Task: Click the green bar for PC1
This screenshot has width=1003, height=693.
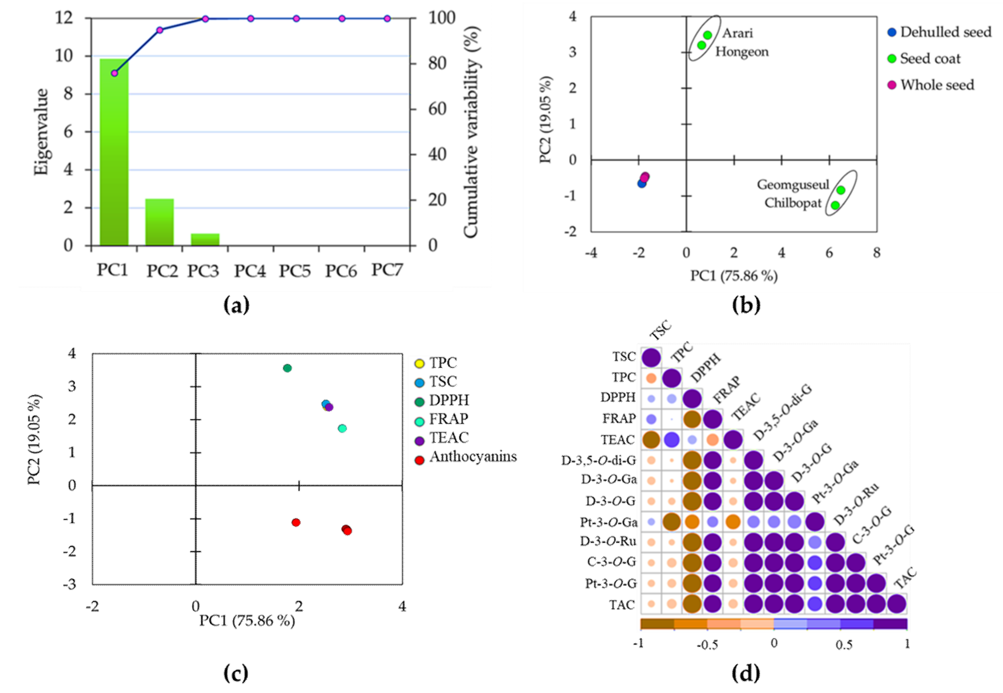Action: tap(114, 152)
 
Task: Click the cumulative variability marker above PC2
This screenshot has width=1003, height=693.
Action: tap(160, 30)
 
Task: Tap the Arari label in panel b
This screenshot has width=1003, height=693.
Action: tap(737, 33)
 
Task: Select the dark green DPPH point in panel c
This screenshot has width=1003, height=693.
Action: tap(287, 368)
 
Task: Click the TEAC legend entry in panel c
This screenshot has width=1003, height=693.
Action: tap(442, 438)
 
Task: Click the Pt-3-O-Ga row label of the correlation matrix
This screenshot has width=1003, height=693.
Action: tap(609, 522)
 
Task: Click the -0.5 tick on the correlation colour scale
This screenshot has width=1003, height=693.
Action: tap(707, 645)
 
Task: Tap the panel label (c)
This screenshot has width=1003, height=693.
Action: tap(236, 674)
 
